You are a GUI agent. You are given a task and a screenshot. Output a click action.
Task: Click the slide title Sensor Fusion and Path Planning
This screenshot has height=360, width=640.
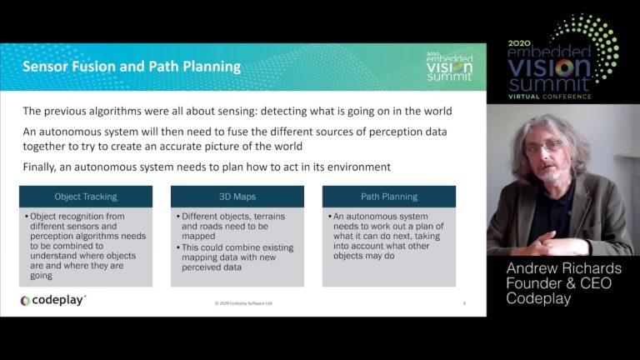(x=132, y=67)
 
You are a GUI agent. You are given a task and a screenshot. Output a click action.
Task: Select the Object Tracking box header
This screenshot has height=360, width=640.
(x=86, y=197)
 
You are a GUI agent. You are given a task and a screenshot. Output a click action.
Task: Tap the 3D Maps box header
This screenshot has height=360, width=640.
(x=237, y=197)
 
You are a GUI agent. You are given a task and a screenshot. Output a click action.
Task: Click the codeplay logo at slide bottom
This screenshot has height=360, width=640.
(x=53, y=300)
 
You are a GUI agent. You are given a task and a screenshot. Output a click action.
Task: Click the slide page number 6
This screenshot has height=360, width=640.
(x=464, y=302)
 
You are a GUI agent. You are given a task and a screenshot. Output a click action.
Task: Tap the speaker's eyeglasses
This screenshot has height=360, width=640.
(x=544, y=147)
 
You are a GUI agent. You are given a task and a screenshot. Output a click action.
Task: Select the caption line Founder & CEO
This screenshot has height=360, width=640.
(x=560, y=283)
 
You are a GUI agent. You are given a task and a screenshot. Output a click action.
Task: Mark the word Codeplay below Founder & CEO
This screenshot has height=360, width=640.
(x=538, y=298)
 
